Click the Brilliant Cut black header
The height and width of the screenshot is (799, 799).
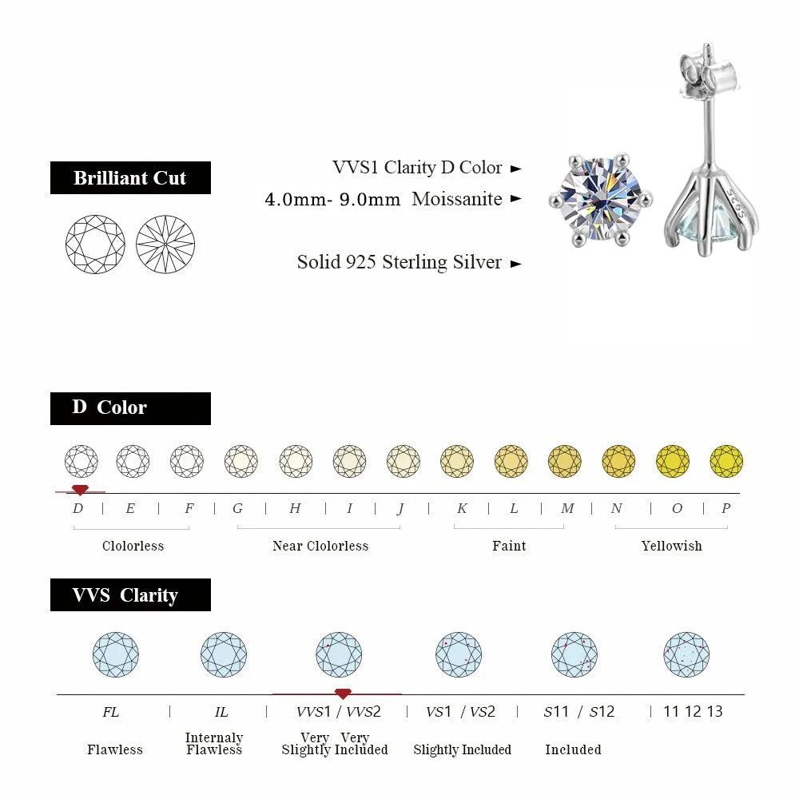coord(130,177)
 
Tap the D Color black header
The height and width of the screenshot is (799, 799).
coord(130,407)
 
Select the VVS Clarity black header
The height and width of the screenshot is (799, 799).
coord(130,595)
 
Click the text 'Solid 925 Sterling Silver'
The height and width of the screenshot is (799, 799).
coord(399,262)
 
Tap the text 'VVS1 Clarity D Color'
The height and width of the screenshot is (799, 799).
coord(417,168)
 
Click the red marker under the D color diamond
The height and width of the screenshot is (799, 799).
coord(78,489)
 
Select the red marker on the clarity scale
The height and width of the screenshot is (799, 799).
coord(343,694)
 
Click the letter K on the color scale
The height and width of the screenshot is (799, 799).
coord(462,508)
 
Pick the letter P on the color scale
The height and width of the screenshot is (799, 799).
coord(725,508)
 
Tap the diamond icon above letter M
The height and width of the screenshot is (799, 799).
coord(565,461)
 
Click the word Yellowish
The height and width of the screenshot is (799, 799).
coord(671,546)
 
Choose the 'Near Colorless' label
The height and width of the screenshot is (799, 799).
coord(320,546)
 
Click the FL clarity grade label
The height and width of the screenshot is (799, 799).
coord(111,711)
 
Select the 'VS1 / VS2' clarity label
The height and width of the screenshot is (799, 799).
coord(461,711)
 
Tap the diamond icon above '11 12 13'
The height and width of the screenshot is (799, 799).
coord(686,655)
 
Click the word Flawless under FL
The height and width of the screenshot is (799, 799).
coord(115,749)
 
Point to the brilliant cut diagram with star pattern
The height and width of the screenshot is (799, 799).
coord(165,244)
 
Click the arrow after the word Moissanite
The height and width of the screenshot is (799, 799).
coord(516,199)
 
